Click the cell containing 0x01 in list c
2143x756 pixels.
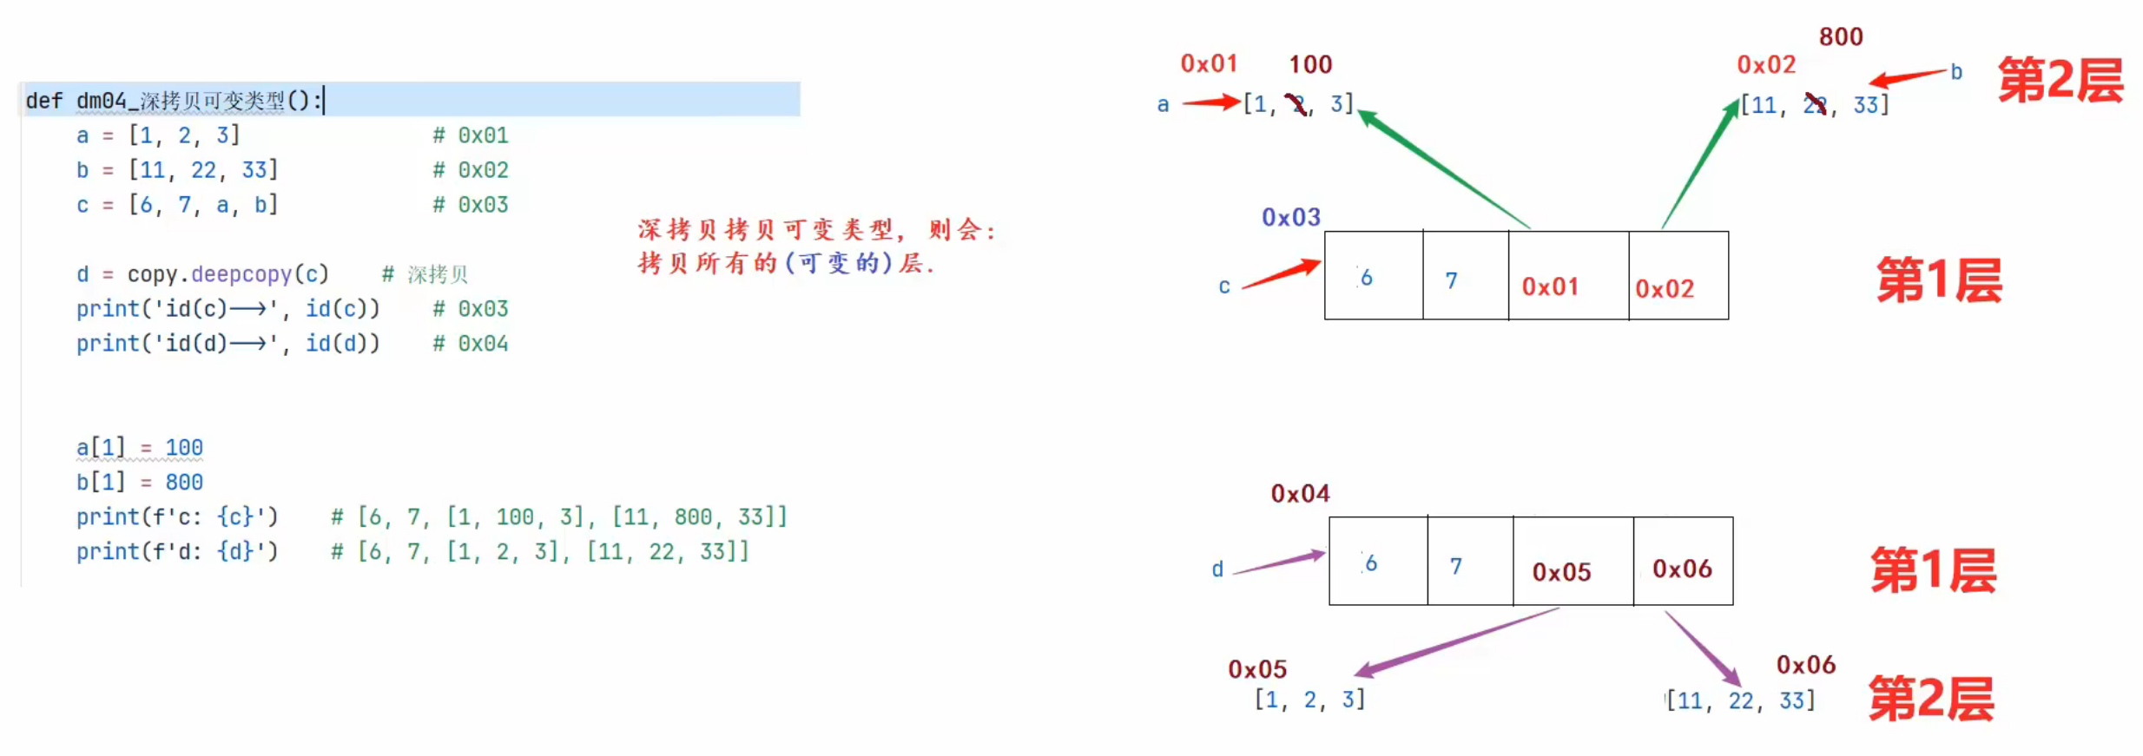pyautogui.click(x=1567, y=276)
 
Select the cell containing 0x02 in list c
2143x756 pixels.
pyautogui.click(x=1678, y=276)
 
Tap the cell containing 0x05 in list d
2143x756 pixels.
pyautogui.click(x=1573, y=562)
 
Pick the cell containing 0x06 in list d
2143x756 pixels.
pyautogui.click(x=1682, y=562)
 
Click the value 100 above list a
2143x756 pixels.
pyautogui.click(x=1309, y=64)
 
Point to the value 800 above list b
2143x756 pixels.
pyautogui.click(x=1840, y=36)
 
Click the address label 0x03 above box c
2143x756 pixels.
pyautogui.click(x=1290, y=217)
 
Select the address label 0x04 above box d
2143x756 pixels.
pyautogui.click(x=1299, y=494)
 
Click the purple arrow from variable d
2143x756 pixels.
pyautogui.click(x=1277, y=562)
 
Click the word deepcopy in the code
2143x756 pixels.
pyautogui.click(x=241, y=274)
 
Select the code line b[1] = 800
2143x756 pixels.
pyautogui.click(x=139, y=483)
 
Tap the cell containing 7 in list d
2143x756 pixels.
pyautogui.click(x=1469, y=562)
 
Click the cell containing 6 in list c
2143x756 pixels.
pyautogui.click(x=1373, y=276)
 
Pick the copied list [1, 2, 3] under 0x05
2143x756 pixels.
pyautogui.click(x=1309, y=700)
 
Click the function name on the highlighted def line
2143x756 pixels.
pyautogui.click(x=181, y=101)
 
